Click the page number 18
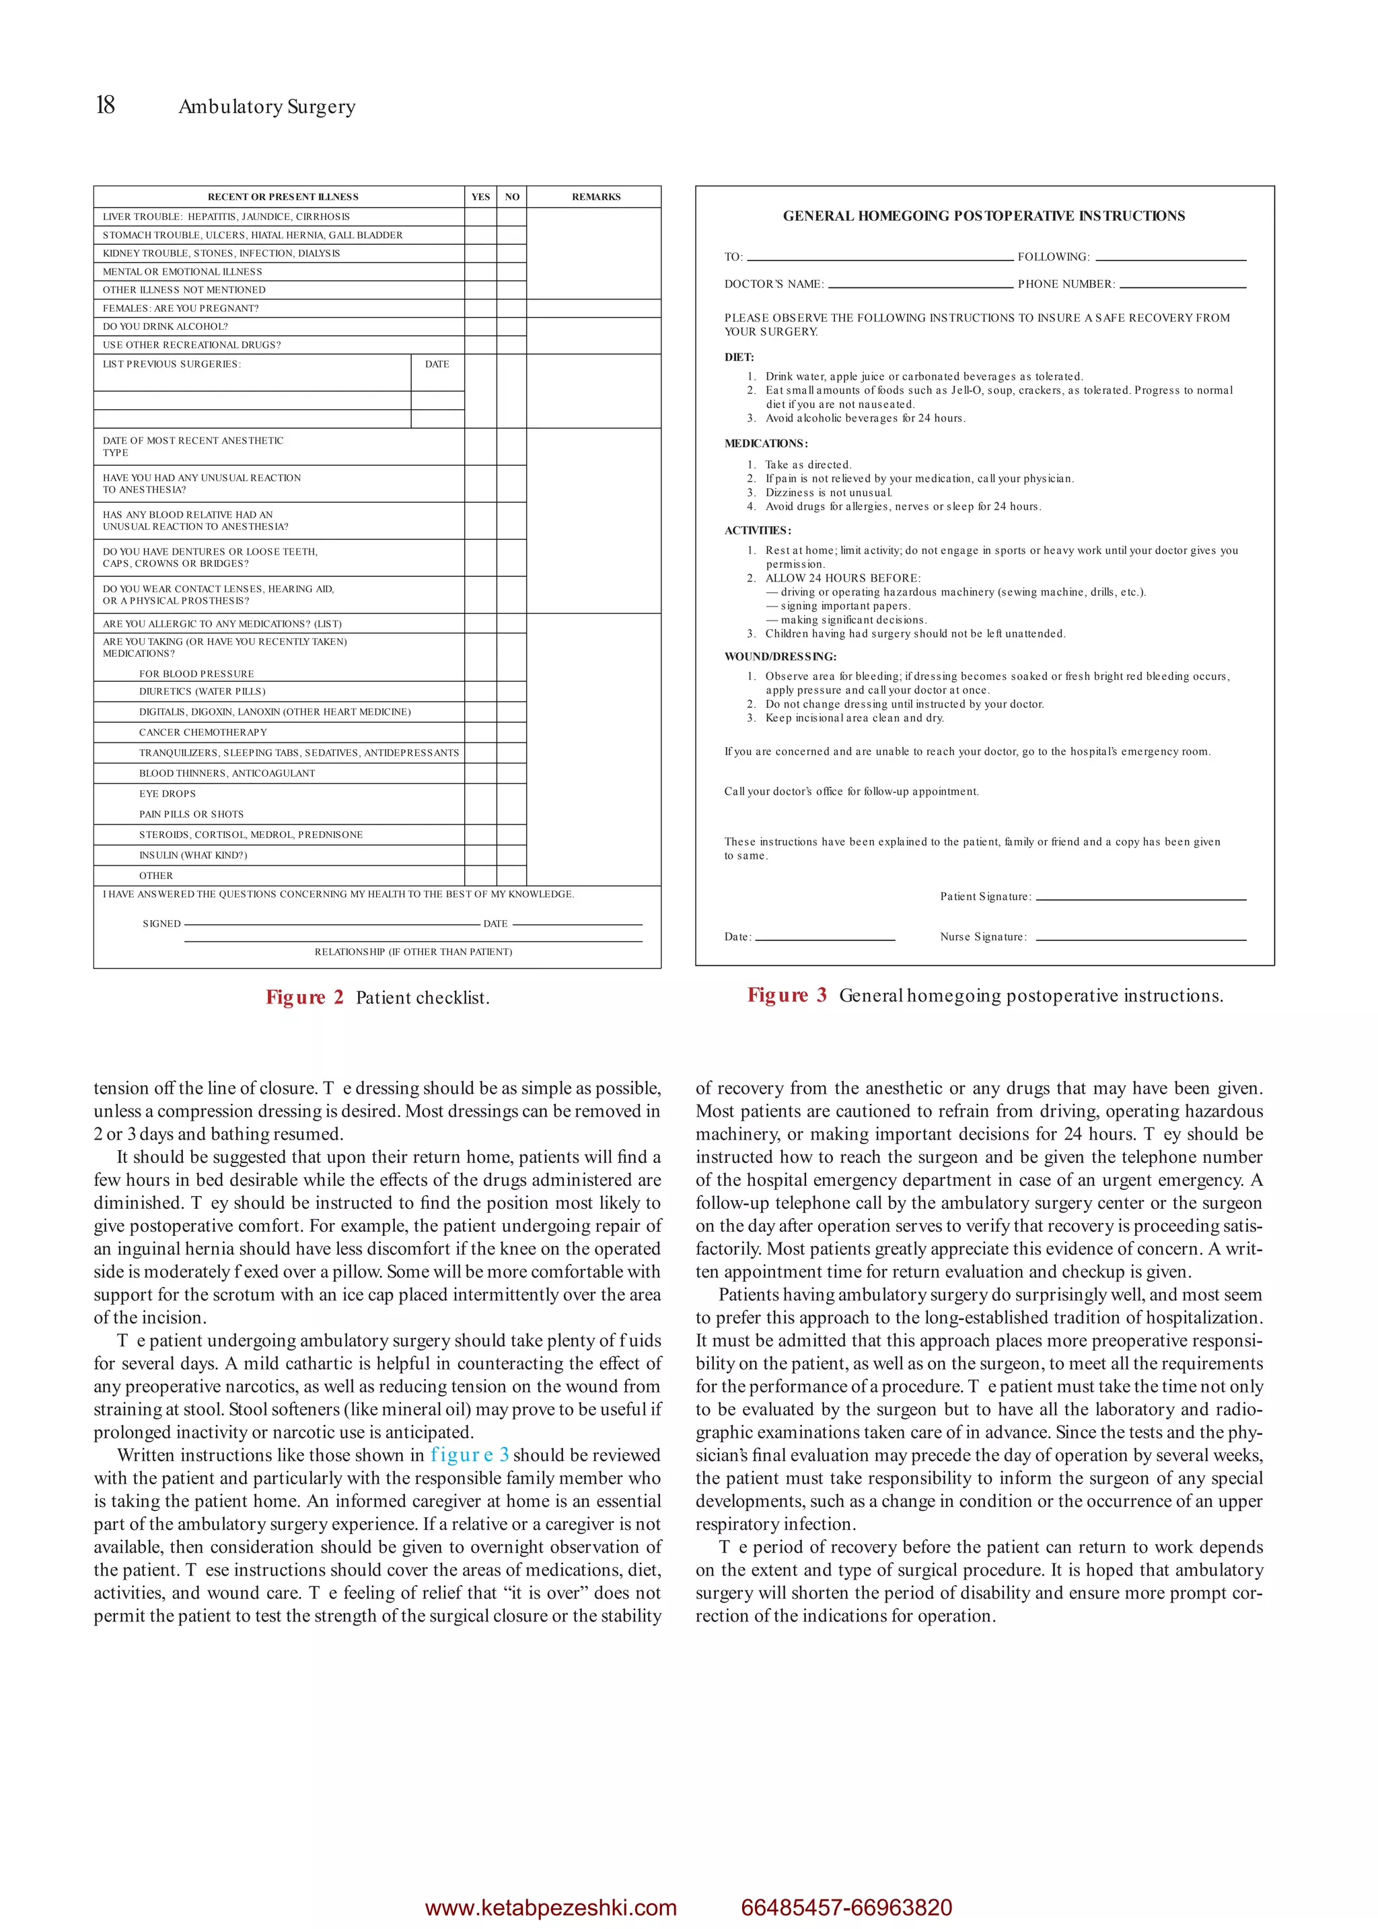point(105,105)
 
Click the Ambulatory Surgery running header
point(266,107)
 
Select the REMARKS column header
point(595,197)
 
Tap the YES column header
point(480,197)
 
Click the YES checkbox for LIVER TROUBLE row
point(480,217)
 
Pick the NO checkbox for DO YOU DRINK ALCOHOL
point(511,326)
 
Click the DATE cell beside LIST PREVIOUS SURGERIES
point(437,365)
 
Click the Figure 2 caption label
point(303,997)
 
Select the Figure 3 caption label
point(786,995)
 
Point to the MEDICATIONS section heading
point(765,444)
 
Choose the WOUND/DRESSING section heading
point(780,657)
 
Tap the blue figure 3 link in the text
point(469,1455)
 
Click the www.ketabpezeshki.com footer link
point(550,1907)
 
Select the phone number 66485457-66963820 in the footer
point(846,1907)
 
